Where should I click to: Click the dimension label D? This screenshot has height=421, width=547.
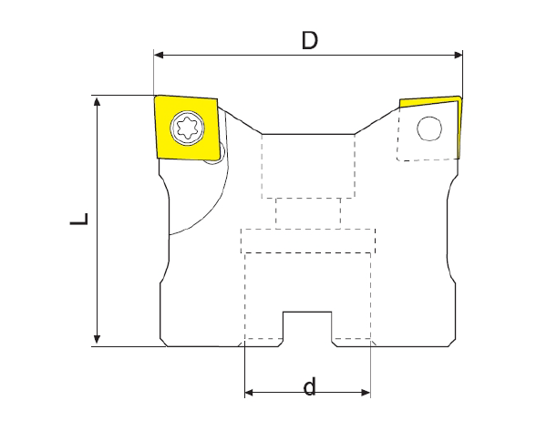pos(310,40)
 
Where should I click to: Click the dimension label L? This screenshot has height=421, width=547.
pos(79,219)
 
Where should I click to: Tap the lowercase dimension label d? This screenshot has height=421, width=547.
pos(310,386)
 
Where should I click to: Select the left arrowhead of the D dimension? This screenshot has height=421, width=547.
pos(159,55)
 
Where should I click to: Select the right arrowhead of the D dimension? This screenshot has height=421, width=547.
pos(458,55)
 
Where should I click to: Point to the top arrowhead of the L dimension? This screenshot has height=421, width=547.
pos(97,101)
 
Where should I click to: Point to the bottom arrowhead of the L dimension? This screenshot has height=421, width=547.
pos(97,340)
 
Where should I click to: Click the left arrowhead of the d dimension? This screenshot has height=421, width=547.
pos(250,393)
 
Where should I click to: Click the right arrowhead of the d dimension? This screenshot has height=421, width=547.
pos(366,393)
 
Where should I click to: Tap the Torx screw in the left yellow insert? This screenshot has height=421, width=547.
pos(187,128)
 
